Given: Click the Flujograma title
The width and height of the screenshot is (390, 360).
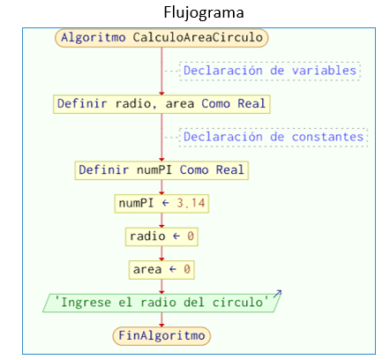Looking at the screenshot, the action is pyautogui.click(x=204, y=13).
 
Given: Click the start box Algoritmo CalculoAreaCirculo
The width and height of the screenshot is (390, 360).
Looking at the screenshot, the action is pyautogui.click(x=161, y=38).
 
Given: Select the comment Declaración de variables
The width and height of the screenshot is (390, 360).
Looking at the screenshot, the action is pyautogui.click(x=270, y=71).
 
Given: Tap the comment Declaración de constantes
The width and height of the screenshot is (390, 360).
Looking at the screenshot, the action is pyautogui.click(x=274, y=137).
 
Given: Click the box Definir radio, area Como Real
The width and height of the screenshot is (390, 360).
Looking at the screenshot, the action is pyautogui.click(x=161, y=104).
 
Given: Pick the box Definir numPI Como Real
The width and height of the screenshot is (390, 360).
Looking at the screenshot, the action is pyautogui.click(x=161, y=170).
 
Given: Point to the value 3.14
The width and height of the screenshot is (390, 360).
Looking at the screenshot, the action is pyautogui.click(x=191, y=203).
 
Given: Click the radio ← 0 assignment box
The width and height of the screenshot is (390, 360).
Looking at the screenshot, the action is pyautogui.click(x=161, y=236).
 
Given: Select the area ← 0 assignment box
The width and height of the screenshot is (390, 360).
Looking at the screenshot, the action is pyautogui.click(x=161, y=270).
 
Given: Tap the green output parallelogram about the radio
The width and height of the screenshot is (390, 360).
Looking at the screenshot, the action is pyautogui.click(x=161, y=303).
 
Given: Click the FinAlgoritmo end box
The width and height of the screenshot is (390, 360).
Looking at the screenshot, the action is pyautogui.click(x=161, y=336).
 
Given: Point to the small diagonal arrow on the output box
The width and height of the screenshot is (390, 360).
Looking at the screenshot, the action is pyautogui.click(x=277, y=294).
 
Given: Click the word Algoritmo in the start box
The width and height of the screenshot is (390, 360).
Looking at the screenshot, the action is pyautogui.click(x=94, y=38).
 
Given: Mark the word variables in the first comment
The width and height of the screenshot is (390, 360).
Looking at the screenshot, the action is pyautogui.click(x=324, y=71).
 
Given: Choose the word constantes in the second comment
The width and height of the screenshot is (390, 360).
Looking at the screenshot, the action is pyautogui.click(x=327, y=137).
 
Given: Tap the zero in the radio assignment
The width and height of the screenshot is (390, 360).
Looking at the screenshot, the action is pyautogui.click(x=191, y=236).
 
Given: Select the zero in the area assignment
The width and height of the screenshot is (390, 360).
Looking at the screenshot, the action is pyautogui.click(x=187, y=269).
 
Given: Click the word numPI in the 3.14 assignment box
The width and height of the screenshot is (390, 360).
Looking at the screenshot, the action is pyautogui.click(x=136, y=203).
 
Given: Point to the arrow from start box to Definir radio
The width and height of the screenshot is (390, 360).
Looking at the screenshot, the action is pyautogui.click(x=161, y=71).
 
